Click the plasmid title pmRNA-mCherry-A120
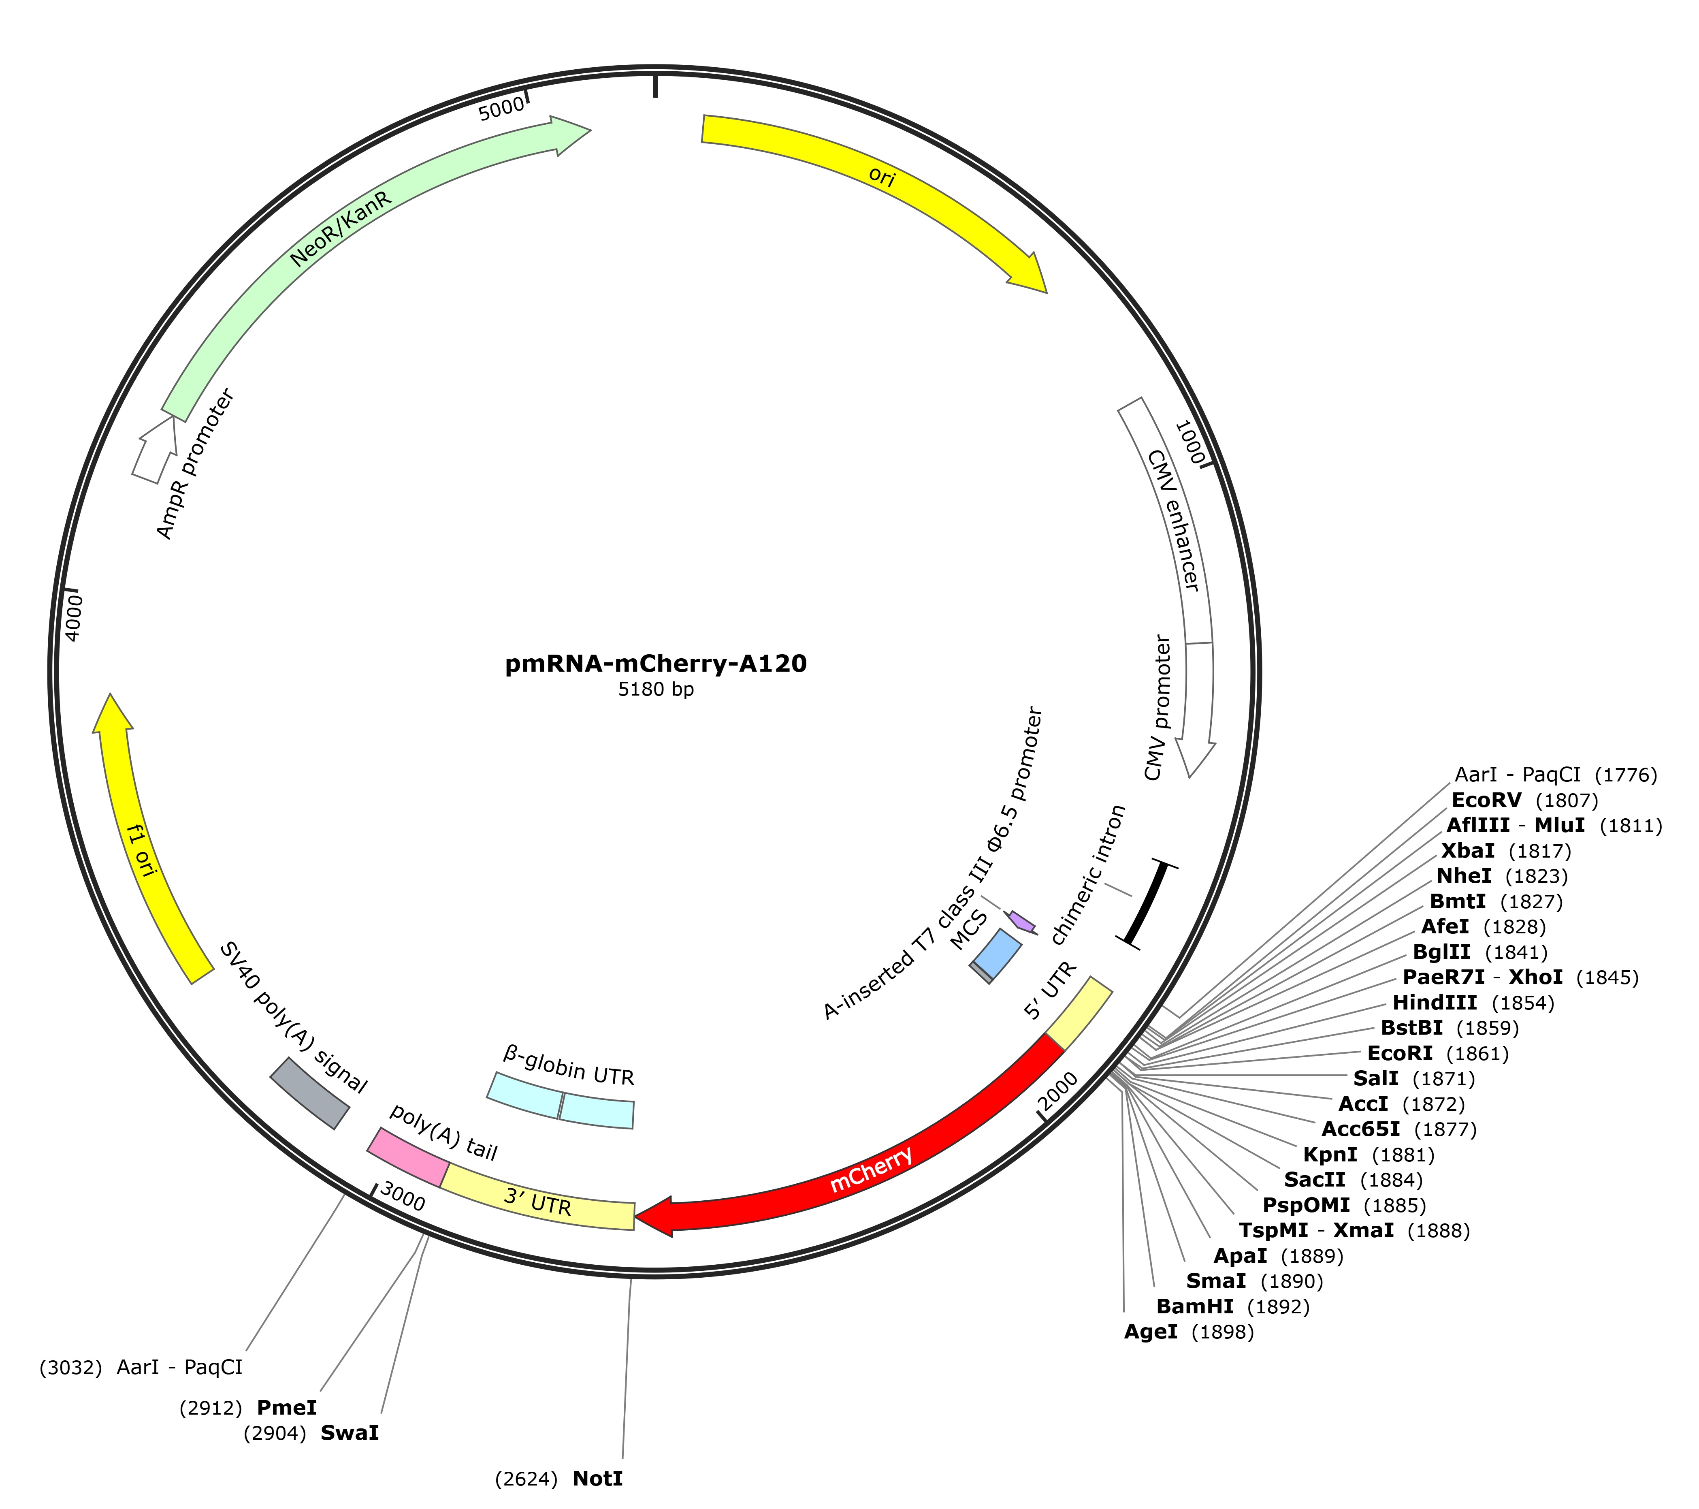[x=656, y=664]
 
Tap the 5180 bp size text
[x=656, y=689]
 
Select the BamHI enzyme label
[x=1195, y=1306]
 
